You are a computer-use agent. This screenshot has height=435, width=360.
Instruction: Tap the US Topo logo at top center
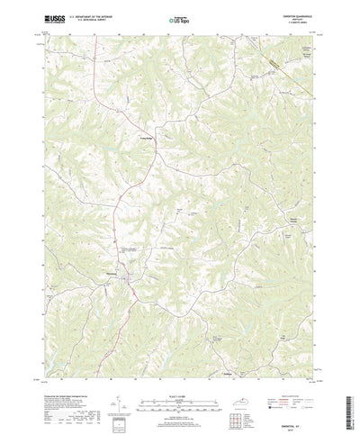pyautogui.click(x=180, y=18)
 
